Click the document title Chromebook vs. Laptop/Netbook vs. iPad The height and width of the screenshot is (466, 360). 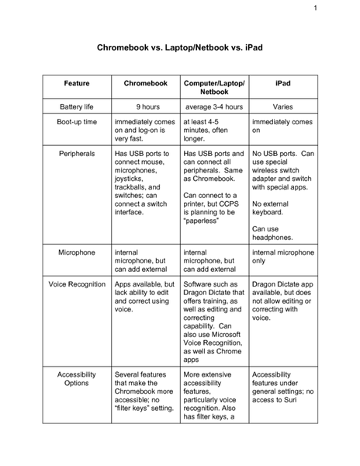[x=180, y=48]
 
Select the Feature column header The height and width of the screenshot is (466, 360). [x=76, y=82]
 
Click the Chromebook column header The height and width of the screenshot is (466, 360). [x=145, y=82]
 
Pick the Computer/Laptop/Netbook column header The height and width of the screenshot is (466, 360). [x=214, y=87]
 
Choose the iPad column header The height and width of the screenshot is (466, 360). [x=282, y=82]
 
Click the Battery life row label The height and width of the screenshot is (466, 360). [x=76, y=106]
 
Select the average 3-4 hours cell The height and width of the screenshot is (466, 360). [x=214, y=106]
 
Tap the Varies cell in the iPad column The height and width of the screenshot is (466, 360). [x=282, y=106]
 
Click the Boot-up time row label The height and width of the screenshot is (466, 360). [x=76, y=123]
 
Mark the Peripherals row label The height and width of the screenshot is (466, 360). [x=76, y=154]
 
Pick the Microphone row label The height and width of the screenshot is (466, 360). [x=76, y=252]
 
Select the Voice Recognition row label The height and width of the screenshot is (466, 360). [x=77, y=284]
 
